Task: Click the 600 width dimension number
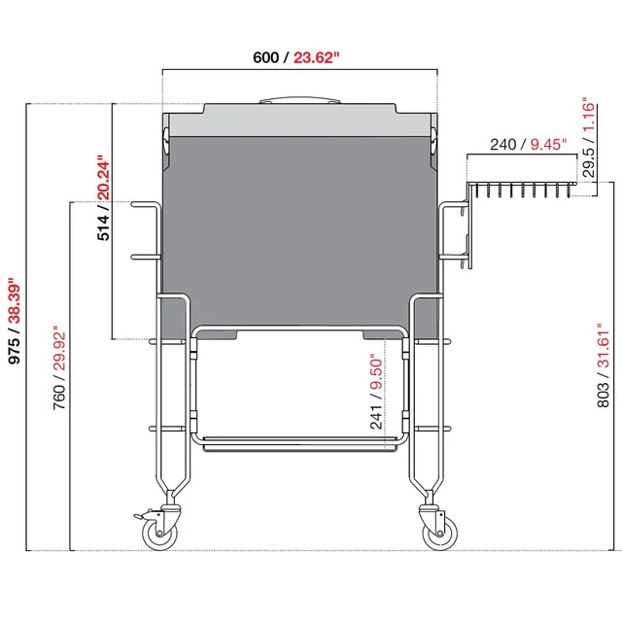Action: (265, 57)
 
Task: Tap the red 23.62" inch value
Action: (315, 57)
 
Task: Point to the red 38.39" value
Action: (15, 289)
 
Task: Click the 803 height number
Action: (604, 390)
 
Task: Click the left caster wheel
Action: (155, 532)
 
